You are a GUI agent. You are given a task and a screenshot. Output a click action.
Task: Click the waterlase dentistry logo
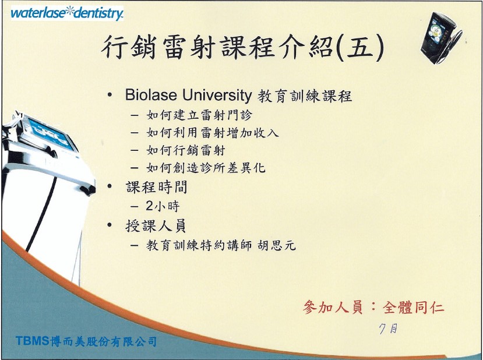point(67,13)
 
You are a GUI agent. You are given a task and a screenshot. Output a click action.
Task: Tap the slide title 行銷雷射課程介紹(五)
point(243,47)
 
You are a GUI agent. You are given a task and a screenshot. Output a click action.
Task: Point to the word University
point(217,96)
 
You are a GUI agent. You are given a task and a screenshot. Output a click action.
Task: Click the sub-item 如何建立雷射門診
point(199,115)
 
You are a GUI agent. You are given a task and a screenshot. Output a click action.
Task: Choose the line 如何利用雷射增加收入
point(213,133)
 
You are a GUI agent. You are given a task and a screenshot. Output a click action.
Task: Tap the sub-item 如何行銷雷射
point(186,150)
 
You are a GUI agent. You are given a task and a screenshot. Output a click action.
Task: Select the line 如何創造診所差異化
point(206,168)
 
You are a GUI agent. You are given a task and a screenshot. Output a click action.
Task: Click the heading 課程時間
point(157,187)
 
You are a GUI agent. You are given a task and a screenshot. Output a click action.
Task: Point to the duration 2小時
point(163,206)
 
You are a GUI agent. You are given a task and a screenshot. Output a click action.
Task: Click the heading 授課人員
point(156,226)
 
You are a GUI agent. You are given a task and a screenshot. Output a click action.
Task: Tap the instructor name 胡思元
point(277,245)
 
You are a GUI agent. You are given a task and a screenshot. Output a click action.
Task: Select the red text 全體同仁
point(413,308)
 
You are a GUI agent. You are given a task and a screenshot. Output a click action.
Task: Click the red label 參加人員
point(333,307)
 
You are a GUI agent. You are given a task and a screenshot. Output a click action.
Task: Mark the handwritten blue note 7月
point(388,329)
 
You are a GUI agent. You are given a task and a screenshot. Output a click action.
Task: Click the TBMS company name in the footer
point(86,341)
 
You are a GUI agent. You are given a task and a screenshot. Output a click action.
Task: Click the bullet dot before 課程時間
point(110,186)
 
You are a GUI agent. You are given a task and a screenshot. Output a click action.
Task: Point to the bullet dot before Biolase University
point(110,95)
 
